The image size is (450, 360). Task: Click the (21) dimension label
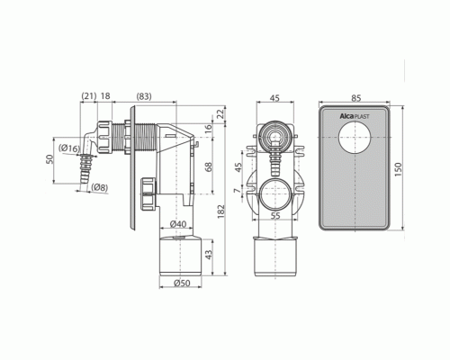click(89, 96)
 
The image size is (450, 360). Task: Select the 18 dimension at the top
click(105, 96)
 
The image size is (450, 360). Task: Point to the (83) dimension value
click(144, 96)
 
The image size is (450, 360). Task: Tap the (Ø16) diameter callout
click(69, 148)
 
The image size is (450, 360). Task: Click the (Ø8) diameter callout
click(100, 187)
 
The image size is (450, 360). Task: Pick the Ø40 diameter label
click(178, 224)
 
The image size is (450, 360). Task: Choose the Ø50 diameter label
click(182, 283)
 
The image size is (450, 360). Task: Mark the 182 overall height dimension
click(221, 211)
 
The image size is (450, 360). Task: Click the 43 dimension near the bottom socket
click(209, 254)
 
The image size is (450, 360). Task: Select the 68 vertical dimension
click(209, 166)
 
